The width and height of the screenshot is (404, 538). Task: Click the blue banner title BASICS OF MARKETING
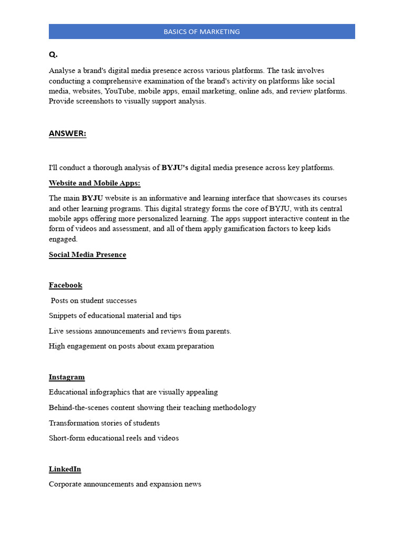[x=201, y=32]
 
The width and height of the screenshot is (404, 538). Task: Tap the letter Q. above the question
[x=53, y=55]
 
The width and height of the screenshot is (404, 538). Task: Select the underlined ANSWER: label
[x=67, y=133]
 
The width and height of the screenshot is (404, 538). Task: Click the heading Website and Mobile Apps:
[x=95, y=183]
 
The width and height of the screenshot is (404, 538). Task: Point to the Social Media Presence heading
[x=87, y=255]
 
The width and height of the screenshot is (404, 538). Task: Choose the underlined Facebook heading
[x=66, y=285]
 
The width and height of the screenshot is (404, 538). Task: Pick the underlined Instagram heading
[x=67, y=377]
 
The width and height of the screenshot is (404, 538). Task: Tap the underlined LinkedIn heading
[x=65, y=469]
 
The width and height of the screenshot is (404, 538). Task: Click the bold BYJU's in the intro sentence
[x=175, y=168]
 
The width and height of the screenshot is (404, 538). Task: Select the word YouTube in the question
[x=120, y=91]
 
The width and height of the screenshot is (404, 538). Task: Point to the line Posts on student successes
[x=94, y=301]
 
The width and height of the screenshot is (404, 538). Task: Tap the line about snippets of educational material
[x=115, y=316]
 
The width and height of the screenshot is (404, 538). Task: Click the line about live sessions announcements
[x=140, y=331]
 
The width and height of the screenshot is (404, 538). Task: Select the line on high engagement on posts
[x=132, y=346]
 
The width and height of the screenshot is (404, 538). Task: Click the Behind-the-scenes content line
[x=153, y=408]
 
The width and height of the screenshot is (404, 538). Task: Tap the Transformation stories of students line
[x=104, y=423]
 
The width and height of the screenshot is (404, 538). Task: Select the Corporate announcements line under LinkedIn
[x=125, y=484]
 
